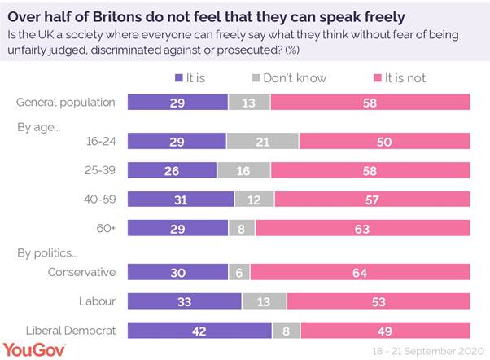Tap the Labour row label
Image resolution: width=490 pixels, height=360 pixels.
click(x=98, y=301)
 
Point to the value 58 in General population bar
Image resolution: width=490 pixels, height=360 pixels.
click(x=370, y=103)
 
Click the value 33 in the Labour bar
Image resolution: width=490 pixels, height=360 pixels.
click(x=186, y=301)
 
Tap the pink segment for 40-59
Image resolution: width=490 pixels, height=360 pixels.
click(x=372, y=199)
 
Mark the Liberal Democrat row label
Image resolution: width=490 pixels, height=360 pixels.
click(x=69, y=330)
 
